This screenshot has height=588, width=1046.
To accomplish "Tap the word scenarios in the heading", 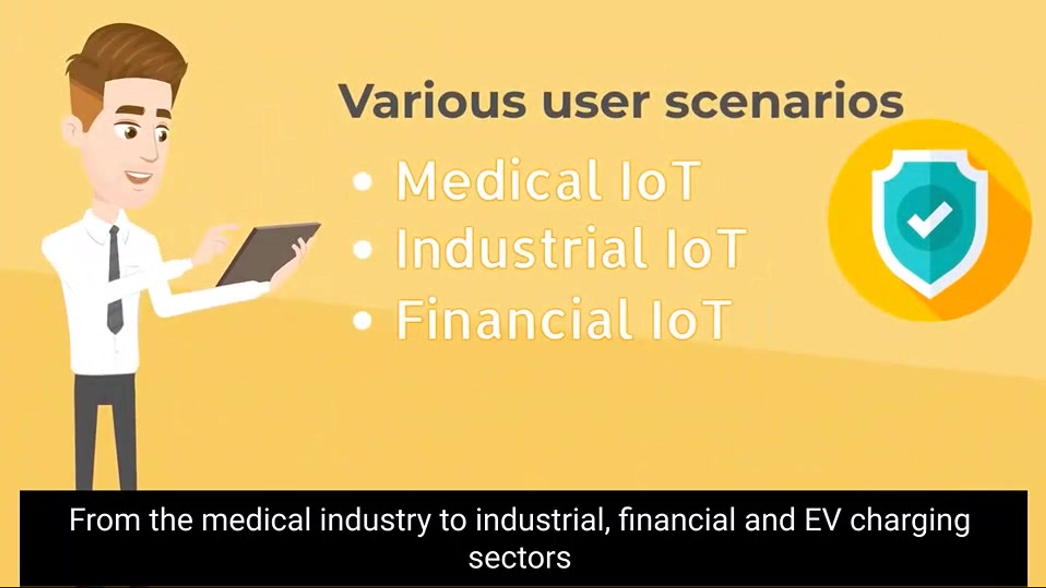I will point(784,101).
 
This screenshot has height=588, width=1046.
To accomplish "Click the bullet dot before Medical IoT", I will point(363,181).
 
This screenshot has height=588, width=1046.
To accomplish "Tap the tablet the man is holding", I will point(268,253).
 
